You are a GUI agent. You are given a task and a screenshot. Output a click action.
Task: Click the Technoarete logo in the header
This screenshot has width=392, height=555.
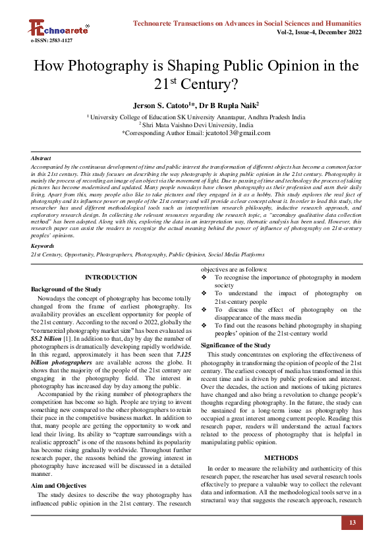point(58,27)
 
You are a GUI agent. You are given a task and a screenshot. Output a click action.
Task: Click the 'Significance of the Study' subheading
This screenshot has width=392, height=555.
point(235,345)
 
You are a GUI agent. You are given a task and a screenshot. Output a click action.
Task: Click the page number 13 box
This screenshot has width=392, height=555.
point(352,523)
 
